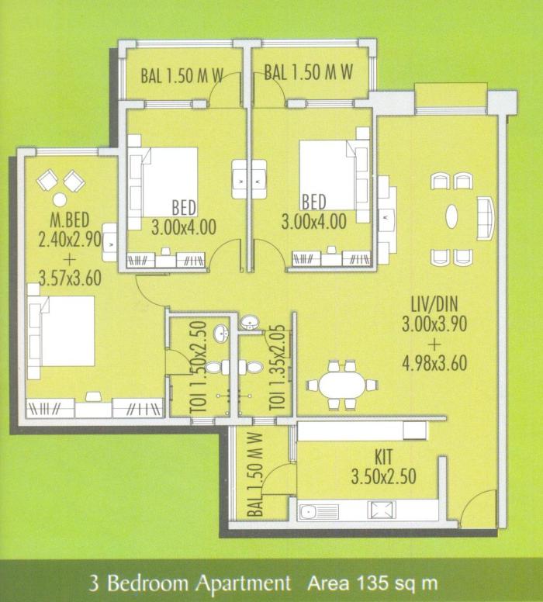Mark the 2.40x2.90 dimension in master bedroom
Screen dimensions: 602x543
(70, 240)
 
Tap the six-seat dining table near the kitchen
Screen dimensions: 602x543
(341, 384)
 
